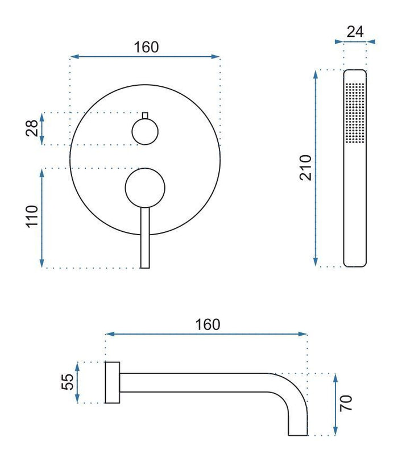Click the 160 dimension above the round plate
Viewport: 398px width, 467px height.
pyautogui.click(x=146, y=47)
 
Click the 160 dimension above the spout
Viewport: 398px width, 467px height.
pyautogui.click(x=208, y=324)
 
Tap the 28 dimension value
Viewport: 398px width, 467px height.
pyautogui.click(x=32, y=128)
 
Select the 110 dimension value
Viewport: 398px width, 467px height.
pyautogui.click(x=32, y=216)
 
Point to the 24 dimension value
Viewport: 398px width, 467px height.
pyautogui.click(x=355, y=32)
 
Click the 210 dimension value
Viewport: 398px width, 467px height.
pyautogui.click(x=305, y=167)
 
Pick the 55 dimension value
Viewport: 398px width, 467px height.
pyautogui.click(x=67, y=382)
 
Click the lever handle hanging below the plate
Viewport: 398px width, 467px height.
pyautogui.click(x=145, y=239)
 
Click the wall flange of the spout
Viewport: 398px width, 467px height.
pyautogui.click(x=112, y=382)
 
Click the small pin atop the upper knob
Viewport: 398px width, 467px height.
pyautogui.click(x=145, y=116)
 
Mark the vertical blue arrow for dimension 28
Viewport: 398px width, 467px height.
pyautogui.click(x=42, y=128)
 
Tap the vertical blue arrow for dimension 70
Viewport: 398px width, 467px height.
pyautogui.click(x=335, y=405)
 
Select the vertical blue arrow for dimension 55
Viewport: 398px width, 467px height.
pyautogui.click(x=78, y=382)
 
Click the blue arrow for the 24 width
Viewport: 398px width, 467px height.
pyautogui.click(x=355, y=41)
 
